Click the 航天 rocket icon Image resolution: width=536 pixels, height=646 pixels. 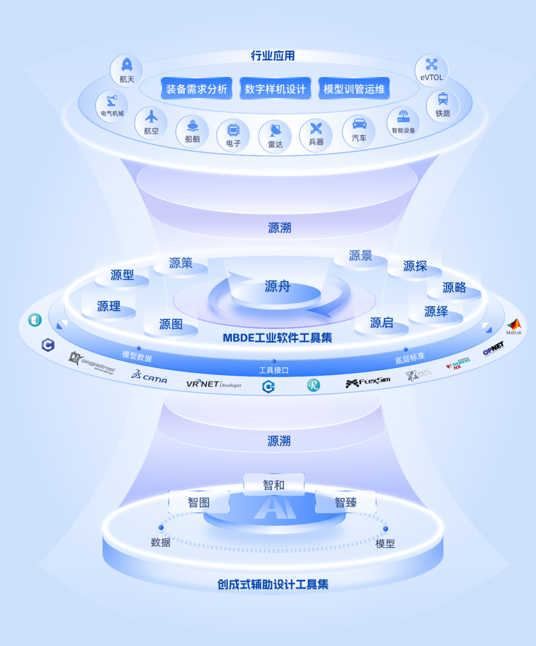click(127, 65)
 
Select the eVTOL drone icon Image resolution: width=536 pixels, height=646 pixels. click(431, 65)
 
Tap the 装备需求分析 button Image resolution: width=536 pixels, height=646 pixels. click(197, 89)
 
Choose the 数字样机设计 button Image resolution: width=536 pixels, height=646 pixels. click(275, 89)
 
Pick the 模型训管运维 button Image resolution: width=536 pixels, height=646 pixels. click(354, 89)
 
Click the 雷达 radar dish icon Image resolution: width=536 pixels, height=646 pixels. click(275, 130)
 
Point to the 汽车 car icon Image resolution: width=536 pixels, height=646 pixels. click(359, 124)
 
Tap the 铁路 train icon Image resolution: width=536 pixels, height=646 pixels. click(443, 99)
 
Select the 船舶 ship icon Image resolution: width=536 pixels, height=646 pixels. click(193, 126)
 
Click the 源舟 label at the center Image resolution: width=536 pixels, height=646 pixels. click(277, 286)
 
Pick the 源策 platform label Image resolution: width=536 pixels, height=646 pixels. click(181, 263)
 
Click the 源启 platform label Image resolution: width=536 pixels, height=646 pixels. click(381, 323)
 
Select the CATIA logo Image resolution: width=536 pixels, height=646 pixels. click(149, 377)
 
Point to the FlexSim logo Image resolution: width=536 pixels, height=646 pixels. click(368, 382)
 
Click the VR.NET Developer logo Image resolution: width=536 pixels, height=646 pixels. click(214, 384)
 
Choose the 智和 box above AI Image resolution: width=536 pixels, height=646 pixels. click(273, 485)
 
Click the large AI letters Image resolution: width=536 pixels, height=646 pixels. click(274, 508)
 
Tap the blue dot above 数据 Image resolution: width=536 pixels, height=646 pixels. click(161, 527)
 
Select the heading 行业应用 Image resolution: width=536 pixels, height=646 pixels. click(272, 56)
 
